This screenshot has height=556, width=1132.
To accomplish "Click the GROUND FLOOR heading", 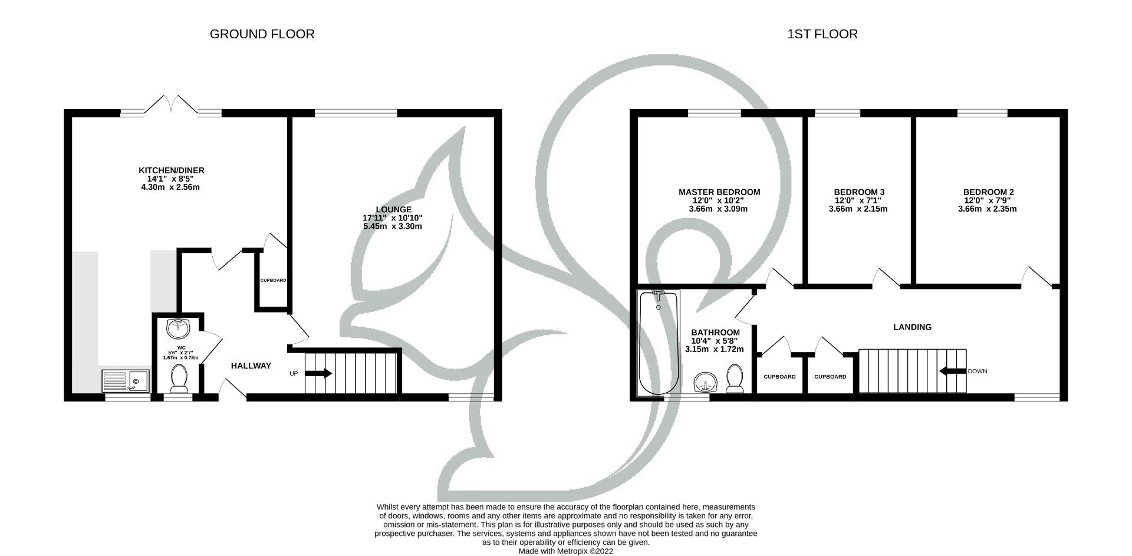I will [x=262, y=34].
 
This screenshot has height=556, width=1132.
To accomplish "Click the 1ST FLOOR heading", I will [x=822, y=34].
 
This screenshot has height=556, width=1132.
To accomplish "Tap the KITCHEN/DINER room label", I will [x=171, y=170].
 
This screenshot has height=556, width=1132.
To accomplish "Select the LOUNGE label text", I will [x=393, y=209].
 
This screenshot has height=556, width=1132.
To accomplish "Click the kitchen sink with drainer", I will [x=126, y=381].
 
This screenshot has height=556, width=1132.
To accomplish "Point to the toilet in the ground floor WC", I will [x=178, y=378].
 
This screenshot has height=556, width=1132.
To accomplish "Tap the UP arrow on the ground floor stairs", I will [x=318, y=373].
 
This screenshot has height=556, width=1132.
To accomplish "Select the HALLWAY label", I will [x=251, y=366].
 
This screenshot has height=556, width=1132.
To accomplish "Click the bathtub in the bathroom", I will [x=659, y=343].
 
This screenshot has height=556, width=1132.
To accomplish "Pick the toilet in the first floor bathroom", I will [x=735, y=379].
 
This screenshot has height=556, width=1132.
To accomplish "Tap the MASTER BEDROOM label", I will [x=719, y=192].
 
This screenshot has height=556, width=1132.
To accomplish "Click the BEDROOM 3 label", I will [x=858, y=192].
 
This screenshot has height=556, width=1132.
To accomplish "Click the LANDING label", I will [x=912, y=327].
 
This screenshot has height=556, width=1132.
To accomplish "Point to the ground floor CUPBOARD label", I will [x=273, y=281].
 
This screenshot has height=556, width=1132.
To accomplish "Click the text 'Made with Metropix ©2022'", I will [x=565, y=551].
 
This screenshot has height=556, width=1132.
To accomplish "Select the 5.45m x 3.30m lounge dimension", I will [x=392, y=226].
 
